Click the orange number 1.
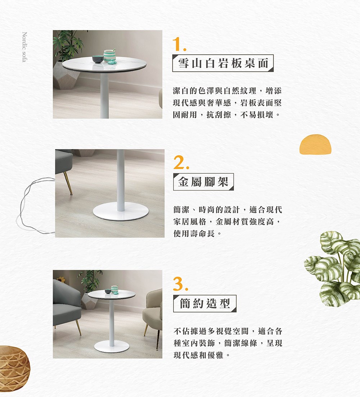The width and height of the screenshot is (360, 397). tap(179, 45)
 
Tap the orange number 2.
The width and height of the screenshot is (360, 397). tap(181, 162)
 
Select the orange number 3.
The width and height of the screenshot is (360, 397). tap(181, 284)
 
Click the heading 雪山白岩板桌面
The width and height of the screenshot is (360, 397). tap(223, 63)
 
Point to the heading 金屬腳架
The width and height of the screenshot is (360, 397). tap(203, 182)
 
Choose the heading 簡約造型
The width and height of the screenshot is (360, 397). tap(205, 303)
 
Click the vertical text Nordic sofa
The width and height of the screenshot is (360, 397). tap(24, 47)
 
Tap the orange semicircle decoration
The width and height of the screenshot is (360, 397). tap(315, 144)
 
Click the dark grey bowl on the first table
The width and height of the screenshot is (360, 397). tap(98, 59)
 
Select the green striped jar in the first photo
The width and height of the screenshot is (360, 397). tap(109, 56)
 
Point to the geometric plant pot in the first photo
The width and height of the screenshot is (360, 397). tap(66, 75)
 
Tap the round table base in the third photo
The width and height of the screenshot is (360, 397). tap(112, 346)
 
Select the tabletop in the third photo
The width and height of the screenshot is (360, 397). tap(112, 295)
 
